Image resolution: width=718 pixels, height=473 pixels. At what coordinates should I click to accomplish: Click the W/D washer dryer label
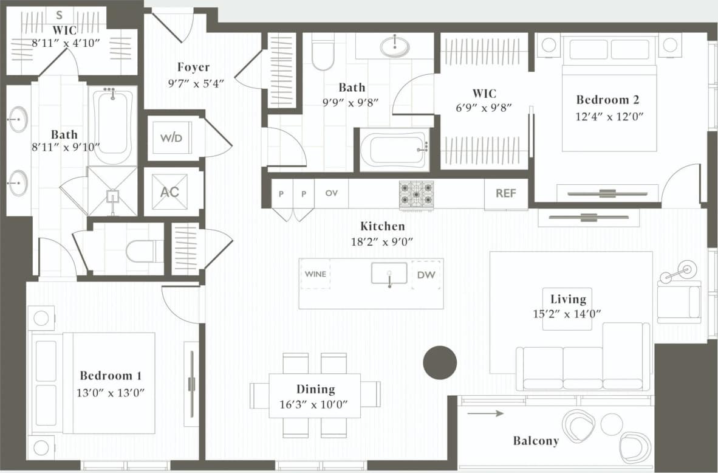tap(171, 138)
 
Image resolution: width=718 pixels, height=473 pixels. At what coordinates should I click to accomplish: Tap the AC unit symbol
tap(169, 192)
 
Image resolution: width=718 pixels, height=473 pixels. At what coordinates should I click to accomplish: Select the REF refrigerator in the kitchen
tap(505, 193)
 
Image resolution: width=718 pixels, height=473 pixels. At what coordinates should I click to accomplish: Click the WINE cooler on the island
tap(315, 274)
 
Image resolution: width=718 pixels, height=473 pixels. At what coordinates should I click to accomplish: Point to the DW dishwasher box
tap(426, 275)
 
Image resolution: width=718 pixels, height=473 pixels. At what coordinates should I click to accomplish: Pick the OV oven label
tap(331, 193)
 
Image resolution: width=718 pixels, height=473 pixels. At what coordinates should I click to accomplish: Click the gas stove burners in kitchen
tap(416, 194)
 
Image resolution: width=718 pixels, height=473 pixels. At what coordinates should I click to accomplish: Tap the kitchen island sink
tap(389, 274)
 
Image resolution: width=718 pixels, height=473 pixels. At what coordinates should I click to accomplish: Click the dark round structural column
tap(439, 363)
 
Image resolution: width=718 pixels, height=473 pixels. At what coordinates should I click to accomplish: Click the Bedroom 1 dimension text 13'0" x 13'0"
tap(111, 393)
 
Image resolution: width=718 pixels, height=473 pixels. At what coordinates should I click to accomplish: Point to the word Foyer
tap(193, 67)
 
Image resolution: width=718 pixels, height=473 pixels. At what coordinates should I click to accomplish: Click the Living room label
tap(568, 299)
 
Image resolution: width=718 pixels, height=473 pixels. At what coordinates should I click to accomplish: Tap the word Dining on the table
tap(315, 389)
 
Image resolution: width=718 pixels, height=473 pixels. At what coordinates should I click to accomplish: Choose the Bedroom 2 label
tap(607, 100)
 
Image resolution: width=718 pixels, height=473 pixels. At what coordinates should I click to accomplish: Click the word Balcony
tap(535, 441)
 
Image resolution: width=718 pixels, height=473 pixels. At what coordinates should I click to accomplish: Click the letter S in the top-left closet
tap(60, 15)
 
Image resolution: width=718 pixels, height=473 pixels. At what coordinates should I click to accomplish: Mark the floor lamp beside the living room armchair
tap(687, 268)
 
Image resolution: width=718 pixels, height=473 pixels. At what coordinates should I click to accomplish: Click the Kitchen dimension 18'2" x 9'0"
tap(382, 241)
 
